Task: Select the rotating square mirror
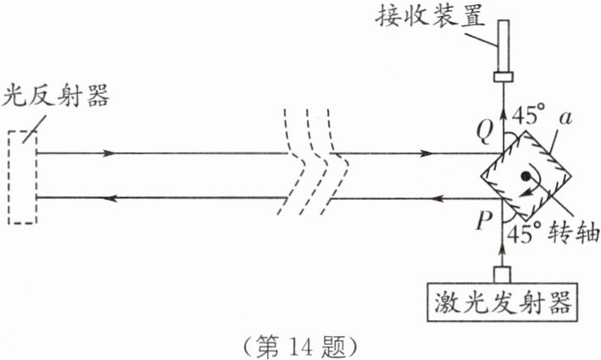[526, 176]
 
